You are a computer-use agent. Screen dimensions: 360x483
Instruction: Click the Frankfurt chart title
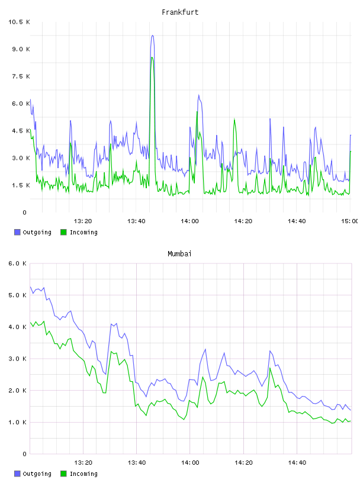pyautogui.click(x=180, y=12)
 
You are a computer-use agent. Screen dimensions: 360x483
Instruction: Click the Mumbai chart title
pyautogui.click(x=179, y=254)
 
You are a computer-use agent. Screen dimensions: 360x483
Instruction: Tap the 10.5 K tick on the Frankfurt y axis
pyautogui.click(x=19, y=22)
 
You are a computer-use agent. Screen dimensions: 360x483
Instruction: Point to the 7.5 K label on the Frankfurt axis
pyautogui.click(x=21, y=76)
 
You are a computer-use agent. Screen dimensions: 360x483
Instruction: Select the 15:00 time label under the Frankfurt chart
pyautogui.click(x=350, y=221)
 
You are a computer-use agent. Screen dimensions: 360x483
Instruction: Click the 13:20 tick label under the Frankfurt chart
pyautogui.click(x=83, y=221)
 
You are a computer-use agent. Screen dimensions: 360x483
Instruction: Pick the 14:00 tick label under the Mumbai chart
pyautogui.click(x=190, y=462)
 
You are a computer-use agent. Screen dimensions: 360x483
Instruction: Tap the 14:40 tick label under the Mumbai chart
pyautogui.click(x=297, y=462)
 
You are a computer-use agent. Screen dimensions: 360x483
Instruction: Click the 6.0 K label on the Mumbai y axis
pyautogui.click(x=18, y=263)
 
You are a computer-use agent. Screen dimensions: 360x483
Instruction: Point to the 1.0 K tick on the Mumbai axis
pyautogui.click(x=18, y=422)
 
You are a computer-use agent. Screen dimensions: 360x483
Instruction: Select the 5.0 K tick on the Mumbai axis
pyautogui.click(x=18, y=295)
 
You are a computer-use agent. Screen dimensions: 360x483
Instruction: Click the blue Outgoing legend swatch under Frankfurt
pyautogui.click(x=17, y=232)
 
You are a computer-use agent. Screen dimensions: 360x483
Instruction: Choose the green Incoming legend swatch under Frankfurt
pyautogui.click(x=63, y=232)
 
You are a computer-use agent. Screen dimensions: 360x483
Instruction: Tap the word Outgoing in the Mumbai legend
pyautogui.click(x=37, y=474)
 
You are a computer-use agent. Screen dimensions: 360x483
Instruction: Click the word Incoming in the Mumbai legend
pyautogui.click(x=83, y=474)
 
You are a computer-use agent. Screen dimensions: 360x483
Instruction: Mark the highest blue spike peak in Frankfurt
pyautogui.click(x=152, y=36)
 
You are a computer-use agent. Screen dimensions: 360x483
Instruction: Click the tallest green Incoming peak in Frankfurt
pyautogui.click(x=152, y=57)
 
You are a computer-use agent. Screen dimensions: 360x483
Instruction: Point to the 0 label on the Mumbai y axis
pyautogui.click(x=25, y=454)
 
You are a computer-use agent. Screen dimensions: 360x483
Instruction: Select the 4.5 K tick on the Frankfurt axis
pyautogui.click(x=21, y=131)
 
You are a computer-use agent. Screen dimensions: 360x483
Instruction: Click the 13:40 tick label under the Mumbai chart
pyautogui.click(x=137, y=462)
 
